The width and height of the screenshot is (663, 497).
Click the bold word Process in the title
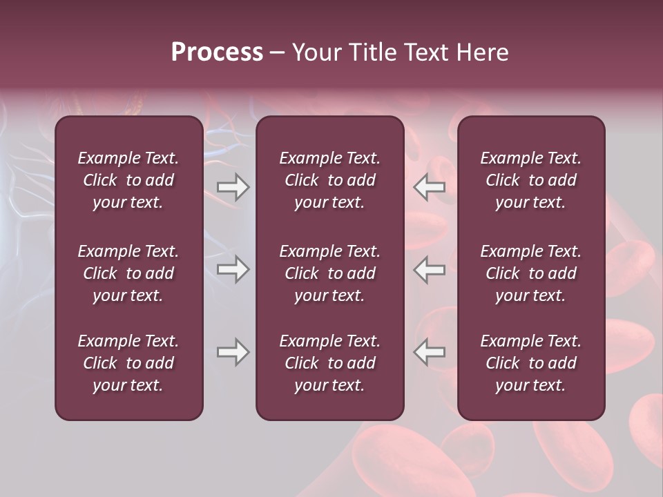coord(217,52)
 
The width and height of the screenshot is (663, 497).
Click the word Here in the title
coord(482,52)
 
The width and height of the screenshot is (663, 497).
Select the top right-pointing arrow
coord(233,187)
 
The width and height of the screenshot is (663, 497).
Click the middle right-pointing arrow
coord(233,269)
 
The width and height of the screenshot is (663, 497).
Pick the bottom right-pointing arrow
coord(233,352)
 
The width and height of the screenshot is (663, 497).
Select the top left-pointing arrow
coord(430,187)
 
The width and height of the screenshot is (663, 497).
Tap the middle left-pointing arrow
coord(430,269)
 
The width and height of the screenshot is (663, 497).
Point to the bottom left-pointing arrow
coord(430,352)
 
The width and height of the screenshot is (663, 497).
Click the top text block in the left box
coord(128,180)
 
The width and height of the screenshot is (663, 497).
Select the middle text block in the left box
coord(128,273)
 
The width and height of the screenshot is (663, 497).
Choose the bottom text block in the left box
coord(128,363)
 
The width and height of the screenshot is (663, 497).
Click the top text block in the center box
coord(329,180)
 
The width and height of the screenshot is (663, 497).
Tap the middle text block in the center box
coord(329,273)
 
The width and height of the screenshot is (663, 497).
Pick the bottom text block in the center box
coord(329,363)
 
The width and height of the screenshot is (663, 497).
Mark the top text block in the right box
coord(530,180)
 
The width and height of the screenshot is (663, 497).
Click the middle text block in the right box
coord(530,273)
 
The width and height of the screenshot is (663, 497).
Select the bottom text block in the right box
coord(530,363)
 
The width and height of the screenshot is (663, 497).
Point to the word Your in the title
coord(316,52)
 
